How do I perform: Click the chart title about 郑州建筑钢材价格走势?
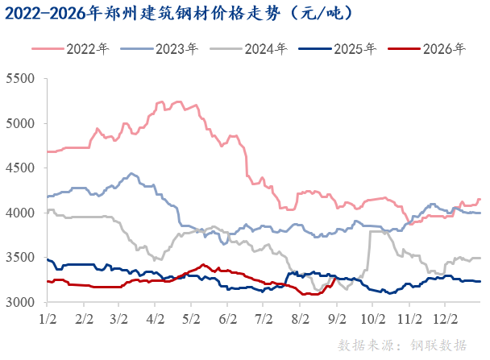click(x=178, y=14)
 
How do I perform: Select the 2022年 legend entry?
click(x=71, y=49)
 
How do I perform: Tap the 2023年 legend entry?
click(x=160, y=49)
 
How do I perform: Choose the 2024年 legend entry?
click(x=248, y=49)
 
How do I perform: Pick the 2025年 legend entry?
click(x=338, y=49)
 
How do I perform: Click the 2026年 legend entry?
click(x=427, y=49)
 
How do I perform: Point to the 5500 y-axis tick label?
click(x=20, y=78)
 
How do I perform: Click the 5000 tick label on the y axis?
click(x=20, y=123)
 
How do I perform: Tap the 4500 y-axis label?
click(x=20, y=168)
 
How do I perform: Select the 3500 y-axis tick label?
click(x=20, y=257)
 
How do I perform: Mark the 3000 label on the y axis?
click(x=20, y=302)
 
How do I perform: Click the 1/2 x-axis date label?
click(x=48, y=319)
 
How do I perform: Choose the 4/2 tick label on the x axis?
click(x=156, y=319)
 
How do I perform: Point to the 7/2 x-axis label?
click(x=264, y=319)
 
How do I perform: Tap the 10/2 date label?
click(x=373, y=319)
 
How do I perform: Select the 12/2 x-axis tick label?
click(x=446, y=319)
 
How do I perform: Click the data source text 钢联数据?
click(x=438, y=346)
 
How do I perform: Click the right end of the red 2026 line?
click(x=336, y=278)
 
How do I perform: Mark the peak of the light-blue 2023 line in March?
click(x=131, y=174)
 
